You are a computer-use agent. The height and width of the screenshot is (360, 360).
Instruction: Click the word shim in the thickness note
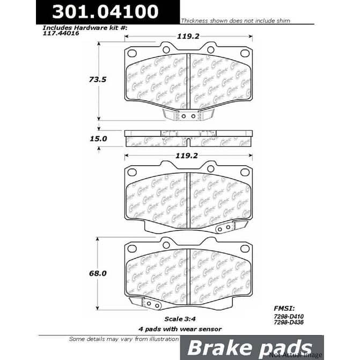[x=283, y=21]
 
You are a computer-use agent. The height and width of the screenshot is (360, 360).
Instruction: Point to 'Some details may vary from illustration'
[x=123, y=339]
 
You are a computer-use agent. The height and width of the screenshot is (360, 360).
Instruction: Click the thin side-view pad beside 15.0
[x=188, y=138]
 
